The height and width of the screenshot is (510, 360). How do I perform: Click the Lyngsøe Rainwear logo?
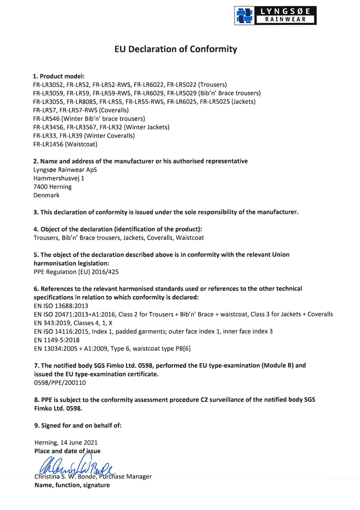(x=275, y=16)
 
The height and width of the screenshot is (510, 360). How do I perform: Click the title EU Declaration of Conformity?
(x=175, y=49)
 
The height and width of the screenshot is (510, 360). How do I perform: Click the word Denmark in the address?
(x=47, y=195)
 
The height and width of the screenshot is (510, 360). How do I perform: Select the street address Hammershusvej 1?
(x=58, y=178)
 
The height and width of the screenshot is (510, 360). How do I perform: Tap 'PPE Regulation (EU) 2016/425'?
(x=76, y=272)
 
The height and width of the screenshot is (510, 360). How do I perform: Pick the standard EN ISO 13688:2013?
(x=61, y=306)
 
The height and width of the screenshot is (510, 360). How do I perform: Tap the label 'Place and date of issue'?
(x=67, y=451)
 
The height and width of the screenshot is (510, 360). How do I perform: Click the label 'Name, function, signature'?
(x=72, y=485)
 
